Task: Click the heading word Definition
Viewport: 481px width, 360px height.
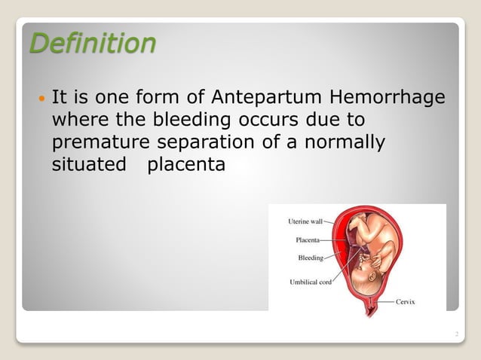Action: [x=92, y=43]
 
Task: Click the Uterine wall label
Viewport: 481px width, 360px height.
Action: [x=305, y=221]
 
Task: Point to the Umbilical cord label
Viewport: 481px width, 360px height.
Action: [x=311, y=282]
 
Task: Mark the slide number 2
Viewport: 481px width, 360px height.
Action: [x=457, y=332]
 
